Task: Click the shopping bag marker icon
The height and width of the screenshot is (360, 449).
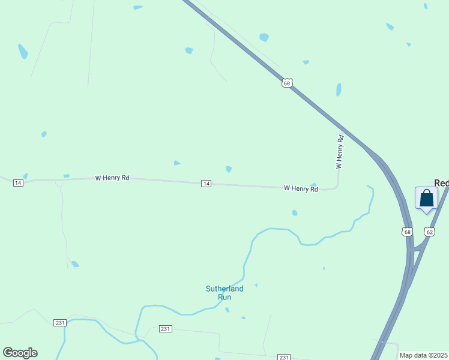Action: (426, 198)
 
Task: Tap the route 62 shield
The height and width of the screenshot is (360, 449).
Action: (429, 231)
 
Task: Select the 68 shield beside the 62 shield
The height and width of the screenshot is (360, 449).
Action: (408, 231)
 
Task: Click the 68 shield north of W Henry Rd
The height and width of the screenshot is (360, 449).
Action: (287, 83)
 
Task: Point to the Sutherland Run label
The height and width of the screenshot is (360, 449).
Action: (224, 293)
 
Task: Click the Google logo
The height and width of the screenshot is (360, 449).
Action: (20, 353)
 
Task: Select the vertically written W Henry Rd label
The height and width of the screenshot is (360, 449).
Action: (339, 151)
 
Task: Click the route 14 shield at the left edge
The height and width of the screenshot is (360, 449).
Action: (18, 182)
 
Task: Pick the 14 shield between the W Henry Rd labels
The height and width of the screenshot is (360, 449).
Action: (206, 183)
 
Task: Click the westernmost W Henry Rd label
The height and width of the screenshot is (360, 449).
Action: (112, 178)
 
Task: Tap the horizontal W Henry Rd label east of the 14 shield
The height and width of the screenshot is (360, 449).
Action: (301, 188)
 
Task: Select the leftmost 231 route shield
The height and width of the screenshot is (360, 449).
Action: (59, 322)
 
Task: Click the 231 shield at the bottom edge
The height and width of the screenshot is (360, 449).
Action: (284, 357)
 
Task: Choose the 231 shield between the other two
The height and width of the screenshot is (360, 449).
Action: (166, 329)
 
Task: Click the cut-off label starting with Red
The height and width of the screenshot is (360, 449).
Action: (442, 182)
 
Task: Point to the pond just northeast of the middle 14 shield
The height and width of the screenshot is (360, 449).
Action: (229, 169)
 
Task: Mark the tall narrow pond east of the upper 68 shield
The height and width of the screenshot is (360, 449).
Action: (339, 90)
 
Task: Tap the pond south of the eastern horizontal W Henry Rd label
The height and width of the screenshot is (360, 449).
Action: (294, 212)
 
